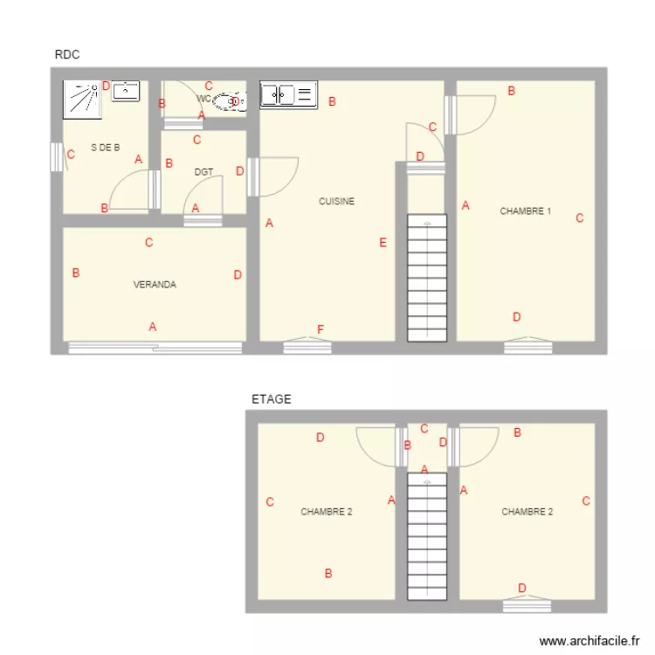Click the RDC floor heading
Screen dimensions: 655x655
(67, 54)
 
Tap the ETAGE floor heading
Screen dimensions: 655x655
(271, 399)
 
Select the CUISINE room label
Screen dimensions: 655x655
(336, 202)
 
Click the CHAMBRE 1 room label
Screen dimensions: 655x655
(525, 210)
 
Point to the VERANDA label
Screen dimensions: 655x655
(155, 285)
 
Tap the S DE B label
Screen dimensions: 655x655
(105, 148)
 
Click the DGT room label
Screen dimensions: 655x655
(203, 172)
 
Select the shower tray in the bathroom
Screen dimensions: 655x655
(82, 98)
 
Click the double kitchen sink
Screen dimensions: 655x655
(288, 94)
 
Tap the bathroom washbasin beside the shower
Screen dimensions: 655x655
(127, 90)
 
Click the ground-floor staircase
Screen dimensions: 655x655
(427, 279)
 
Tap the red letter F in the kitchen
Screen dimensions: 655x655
(321, 329)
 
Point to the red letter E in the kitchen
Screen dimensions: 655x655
(383, 243)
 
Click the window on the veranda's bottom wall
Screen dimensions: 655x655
(155, 348)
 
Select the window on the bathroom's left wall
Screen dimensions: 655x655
(56, 156)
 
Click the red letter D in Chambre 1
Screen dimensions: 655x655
(516, 317)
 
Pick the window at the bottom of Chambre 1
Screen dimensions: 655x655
(527, 347)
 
